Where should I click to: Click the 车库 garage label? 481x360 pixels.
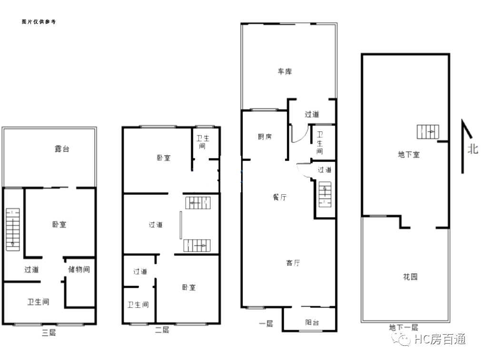(285, 71)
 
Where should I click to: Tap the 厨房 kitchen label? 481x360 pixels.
(265, 137)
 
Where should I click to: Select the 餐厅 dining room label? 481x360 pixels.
(279, 197)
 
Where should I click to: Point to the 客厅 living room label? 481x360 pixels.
(293, 263)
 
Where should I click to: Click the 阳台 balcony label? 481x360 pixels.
(312, 322)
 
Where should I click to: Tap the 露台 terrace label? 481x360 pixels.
(62, 149)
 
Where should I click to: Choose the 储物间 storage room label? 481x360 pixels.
(79, 269)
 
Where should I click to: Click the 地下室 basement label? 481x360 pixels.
(409, 154)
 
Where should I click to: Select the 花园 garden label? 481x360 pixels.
(410, 277)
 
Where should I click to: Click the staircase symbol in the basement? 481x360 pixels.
(428, 131)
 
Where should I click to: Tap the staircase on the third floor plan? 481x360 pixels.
(12, 230)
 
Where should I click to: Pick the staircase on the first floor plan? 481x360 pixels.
(325, 194)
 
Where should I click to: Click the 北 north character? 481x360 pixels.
(473, 149)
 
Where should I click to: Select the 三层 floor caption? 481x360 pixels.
(49, 332)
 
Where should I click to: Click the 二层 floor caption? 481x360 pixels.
(162, 330)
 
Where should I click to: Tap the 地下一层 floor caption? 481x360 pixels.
(403, 328)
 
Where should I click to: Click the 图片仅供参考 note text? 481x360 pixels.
(39, 22)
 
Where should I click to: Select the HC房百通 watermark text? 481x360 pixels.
(440, 340)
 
